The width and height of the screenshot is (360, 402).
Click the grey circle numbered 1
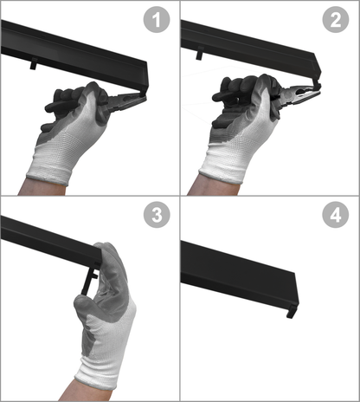[x=157, y=20]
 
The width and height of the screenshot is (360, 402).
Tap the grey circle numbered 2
[x=336, y=20]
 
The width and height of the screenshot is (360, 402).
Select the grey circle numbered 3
[x=157, y=215]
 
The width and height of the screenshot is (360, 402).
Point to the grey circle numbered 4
[x=336, y=215]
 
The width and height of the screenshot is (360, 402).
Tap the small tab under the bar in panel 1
[x=34, y=63]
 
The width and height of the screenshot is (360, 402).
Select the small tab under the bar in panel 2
[x=200, y=53]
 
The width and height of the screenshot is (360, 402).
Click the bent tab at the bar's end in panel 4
[x=292, y=311]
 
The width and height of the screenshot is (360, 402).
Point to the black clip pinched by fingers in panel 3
[x=89, y=280]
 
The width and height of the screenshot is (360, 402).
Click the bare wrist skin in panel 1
[x=42, y=187]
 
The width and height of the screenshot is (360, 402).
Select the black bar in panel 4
[x=239, y=276]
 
